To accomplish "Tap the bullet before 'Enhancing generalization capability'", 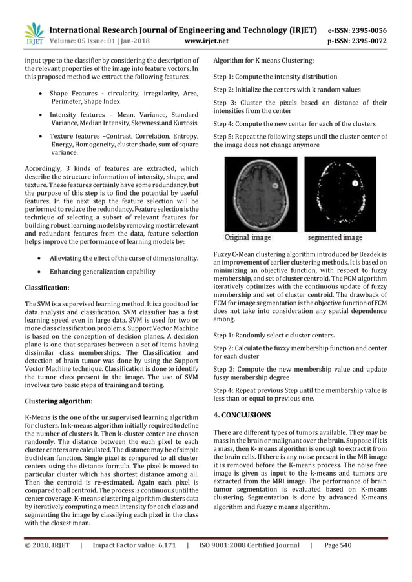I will coord(42,272).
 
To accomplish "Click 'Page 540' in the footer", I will coord(337,563).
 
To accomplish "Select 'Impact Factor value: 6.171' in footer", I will coord(133,563).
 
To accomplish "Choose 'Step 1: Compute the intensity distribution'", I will coord(275,76).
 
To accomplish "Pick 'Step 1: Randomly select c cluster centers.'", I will coord(274,336).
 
